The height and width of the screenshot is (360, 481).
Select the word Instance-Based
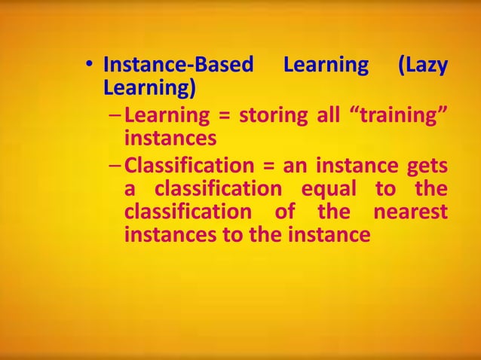[178, 66]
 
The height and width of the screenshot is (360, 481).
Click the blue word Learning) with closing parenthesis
[149, 89]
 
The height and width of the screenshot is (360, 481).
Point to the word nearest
[410, 211]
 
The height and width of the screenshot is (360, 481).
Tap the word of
[285, 211]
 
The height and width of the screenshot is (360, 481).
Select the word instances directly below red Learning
[170, 139]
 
